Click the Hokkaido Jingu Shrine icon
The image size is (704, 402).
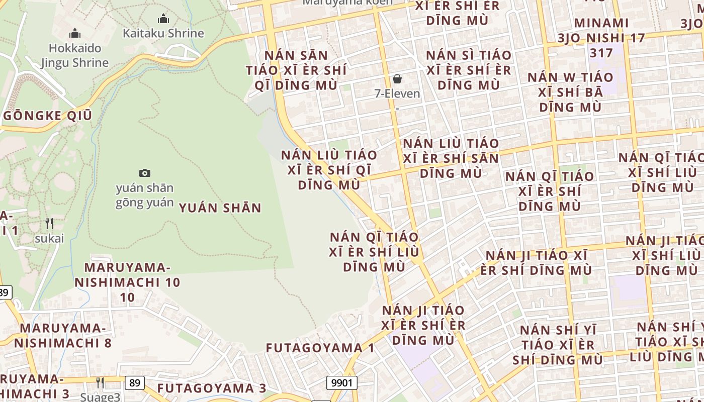pos(75,34)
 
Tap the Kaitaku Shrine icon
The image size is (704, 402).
pos(163,19)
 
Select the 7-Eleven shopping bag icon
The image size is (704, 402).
pos(397,79)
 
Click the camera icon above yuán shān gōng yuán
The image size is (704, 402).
pos(145,173)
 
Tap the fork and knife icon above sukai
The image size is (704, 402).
pos(49,224)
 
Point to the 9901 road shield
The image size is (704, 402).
pos(342,383)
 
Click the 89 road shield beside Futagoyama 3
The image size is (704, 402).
pos(134,382)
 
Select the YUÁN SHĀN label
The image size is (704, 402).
pos(220,208)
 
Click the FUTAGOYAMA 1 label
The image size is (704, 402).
pos(320,348)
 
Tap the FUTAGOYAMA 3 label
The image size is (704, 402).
pos(212,388)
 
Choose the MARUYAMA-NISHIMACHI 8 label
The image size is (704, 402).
pos(62,336)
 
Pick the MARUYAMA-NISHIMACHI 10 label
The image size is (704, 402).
pos(127,282)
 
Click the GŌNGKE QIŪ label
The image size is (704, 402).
pos(48,116)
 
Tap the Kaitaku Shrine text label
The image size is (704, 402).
pos(163,34)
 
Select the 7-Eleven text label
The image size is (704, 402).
pos(397,93)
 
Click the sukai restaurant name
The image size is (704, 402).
pos(49,238)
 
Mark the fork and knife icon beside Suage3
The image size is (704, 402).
pos(100,383)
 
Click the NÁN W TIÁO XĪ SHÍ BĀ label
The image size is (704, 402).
pos(570,92)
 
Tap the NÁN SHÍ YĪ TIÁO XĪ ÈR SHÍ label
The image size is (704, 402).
pos(558,345)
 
